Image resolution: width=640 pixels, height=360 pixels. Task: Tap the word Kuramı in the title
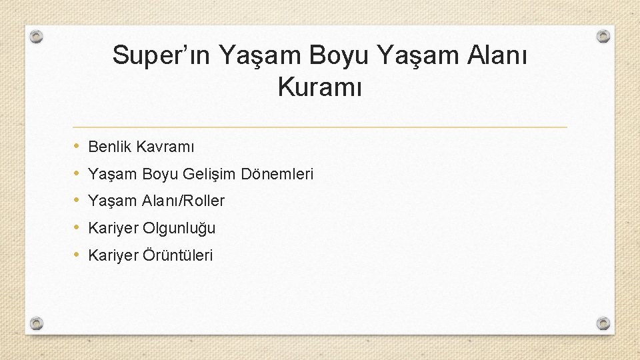point(319,88)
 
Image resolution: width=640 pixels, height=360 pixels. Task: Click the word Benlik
point(109,147)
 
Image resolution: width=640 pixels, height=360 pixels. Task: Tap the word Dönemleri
point(277,174)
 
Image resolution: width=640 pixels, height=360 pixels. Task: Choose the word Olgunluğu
point(179,228)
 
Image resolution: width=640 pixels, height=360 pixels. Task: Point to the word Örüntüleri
point(178,255)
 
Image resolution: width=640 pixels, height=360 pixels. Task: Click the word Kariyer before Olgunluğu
point(113,228)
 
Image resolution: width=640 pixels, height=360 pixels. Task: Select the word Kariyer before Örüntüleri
point(113,255)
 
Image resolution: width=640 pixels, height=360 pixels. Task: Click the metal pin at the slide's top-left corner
point(37,36)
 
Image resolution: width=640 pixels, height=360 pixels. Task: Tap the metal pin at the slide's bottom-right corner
point(603,323)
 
